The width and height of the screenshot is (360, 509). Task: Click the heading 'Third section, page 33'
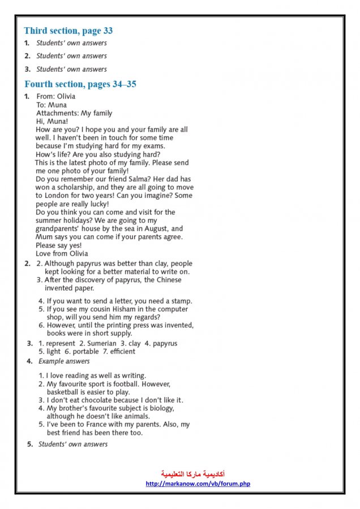pyautogui.click(x=68, y=31)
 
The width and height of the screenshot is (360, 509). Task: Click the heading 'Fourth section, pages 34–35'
pyautogui.click(x=80, y=84)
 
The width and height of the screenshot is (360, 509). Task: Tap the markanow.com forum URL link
pyautogui.click(x=198, y=484)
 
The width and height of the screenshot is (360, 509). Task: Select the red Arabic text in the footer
pyautogui.click(x=193, y=473)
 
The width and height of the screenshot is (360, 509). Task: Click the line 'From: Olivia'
pyautogui.click(x=55, y=97)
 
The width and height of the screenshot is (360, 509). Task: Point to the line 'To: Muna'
pyautogui.click(x=52, y=105)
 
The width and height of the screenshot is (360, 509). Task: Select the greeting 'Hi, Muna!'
pyautogui.click(x=52, y=122)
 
